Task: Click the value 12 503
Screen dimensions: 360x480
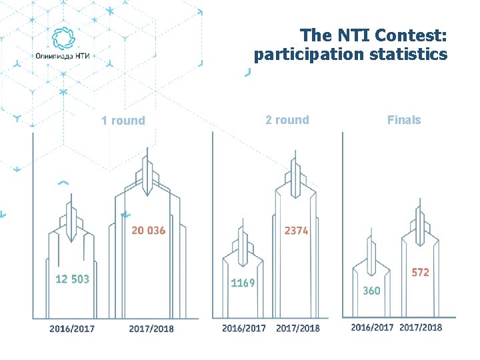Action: pyautogui.click(x=71, y=279)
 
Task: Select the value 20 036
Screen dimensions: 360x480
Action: pyautogui.click(x=148, y=231)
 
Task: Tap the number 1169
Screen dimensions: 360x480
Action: pyautogui.click(x=243, y=283)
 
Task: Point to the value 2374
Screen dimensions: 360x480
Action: pyautogui.click(x=296, y=231)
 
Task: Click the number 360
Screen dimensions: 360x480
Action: pyautogui.click(x=371, y=291)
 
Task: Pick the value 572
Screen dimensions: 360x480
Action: pyautogui.click(x=420, y=273)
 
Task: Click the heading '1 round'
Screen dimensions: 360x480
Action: pyautogui.click(x=123, y=121)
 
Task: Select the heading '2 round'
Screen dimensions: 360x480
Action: pyautogui.click(x=287, y=120)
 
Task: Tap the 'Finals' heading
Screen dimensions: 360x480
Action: pyautogui.click(x=404, y=120)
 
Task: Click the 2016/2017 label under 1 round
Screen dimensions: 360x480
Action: pyautogui.click(x=72, y=329)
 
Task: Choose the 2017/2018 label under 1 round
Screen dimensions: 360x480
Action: pyautogui.click(x=151, y=329)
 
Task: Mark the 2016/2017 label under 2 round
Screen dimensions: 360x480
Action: pyautogui.click(x=244, y=328)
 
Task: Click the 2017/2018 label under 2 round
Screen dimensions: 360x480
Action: pyautogui.click(x=297, y=328)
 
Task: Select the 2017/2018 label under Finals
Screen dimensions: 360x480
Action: pyautogui.click(x=421, y=327)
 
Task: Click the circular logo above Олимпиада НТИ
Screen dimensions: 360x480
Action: pyautogui.click(x=63, y=39)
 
